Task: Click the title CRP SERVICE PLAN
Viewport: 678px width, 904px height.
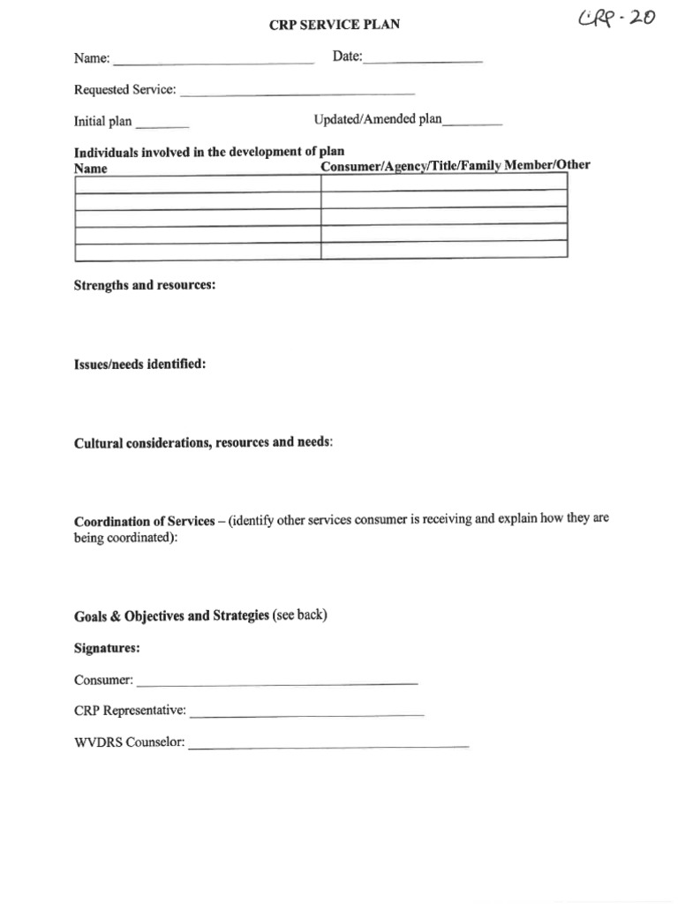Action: tap(334, 25)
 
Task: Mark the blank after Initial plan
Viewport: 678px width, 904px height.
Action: tap(162, 123)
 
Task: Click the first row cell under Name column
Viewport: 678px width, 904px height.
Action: tap(197, 184)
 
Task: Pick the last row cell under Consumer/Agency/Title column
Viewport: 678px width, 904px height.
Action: tap(443, 250)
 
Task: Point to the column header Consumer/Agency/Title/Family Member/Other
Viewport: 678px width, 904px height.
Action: tap(456, 166)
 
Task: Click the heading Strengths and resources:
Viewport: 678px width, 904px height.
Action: tap(145, 287)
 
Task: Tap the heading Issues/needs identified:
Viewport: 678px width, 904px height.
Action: tap(139, 364)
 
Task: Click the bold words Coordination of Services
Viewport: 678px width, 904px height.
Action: tap(144, 521)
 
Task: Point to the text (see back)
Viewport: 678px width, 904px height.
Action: tap(300, 615)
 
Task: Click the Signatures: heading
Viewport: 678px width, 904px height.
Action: tap(107, 648)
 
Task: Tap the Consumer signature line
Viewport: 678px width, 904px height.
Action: tap(277, 682)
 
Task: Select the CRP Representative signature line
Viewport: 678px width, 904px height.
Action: tap(306, 712)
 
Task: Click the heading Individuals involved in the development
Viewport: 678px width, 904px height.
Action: tap(208, 152)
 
